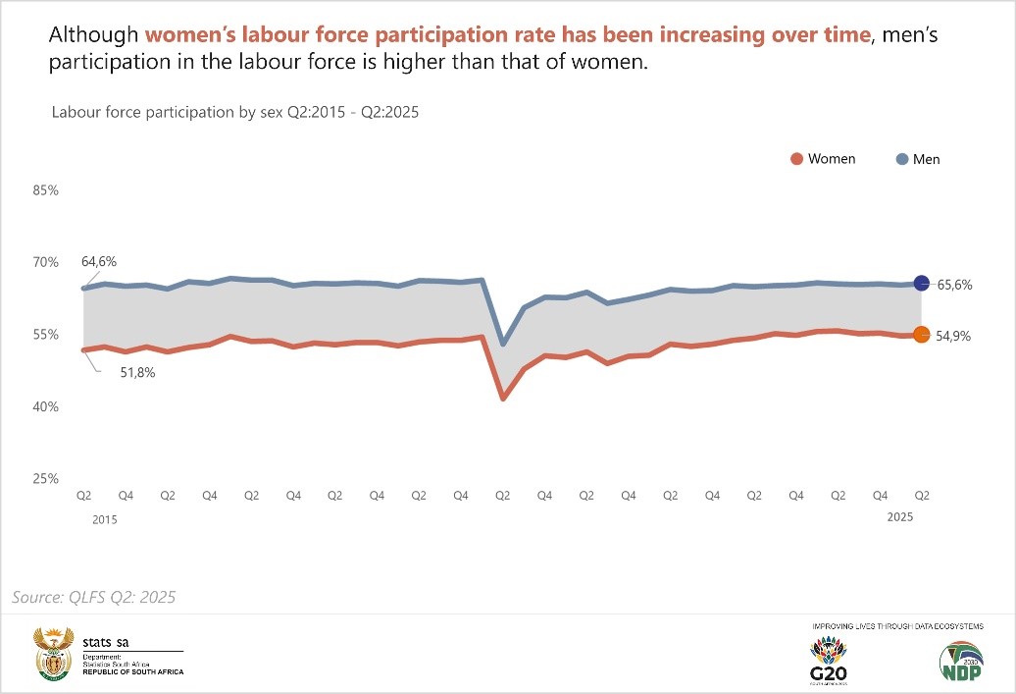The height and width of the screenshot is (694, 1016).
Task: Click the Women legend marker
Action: point(797,159)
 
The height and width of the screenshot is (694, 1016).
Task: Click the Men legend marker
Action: point(901,159)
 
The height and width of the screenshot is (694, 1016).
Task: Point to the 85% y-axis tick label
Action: point(46,190)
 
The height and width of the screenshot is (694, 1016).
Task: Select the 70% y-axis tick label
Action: point(46,262)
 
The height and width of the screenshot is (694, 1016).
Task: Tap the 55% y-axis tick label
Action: point(46,335)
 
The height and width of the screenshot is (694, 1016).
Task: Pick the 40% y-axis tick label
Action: point(46,406)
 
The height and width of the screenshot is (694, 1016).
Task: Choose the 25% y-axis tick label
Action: point(46,479)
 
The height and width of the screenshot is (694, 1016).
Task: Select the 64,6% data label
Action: point(99,262)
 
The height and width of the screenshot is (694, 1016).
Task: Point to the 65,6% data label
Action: point(953,285)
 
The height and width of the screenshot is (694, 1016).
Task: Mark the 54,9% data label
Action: point(953,336)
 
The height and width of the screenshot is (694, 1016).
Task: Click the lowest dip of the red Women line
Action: point(503,399)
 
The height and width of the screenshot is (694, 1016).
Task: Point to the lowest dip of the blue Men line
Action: point(503,344)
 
